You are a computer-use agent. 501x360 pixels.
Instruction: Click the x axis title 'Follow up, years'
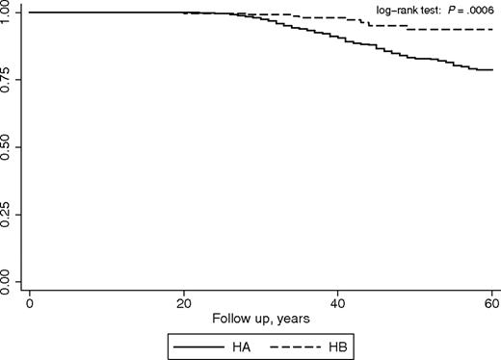[261, 318]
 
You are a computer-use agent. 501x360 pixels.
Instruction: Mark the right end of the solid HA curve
[492, 70]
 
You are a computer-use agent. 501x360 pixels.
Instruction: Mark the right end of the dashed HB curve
[492, 30]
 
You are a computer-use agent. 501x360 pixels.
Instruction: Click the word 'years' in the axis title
[286, 318]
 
